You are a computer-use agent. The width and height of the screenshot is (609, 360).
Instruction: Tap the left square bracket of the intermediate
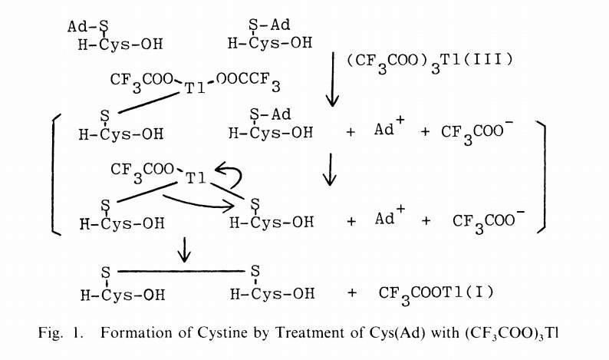[x=55, y=174]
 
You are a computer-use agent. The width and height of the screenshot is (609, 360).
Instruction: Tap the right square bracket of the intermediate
[x=542, y=177]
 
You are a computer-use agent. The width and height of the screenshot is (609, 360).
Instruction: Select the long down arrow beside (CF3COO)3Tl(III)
[x=332, y=80]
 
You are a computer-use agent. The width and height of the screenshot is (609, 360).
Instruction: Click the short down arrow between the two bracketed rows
[x=330, y=170]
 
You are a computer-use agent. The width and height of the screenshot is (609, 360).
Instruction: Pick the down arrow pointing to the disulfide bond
[x=184, y=249]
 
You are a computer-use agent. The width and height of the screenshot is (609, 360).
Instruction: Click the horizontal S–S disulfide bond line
[x=181, y=271]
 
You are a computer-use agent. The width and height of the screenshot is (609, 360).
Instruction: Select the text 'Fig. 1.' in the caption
[x=61, y=333]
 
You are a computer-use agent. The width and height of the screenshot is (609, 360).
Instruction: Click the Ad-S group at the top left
[x=88, y=26]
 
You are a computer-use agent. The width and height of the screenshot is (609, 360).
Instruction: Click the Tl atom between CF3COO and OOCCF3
[x=195, y=88]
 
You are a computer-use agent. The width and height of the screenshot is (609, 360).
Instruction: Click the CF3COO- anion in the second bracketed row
[x=489, y=223]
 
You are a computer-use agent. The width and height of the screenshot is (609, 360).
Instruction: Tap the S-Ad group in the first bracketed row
[x=270, y=114]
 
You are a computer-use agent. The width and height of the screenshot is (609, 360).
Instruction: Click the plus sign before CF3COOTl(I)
[x=352, y=292]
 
